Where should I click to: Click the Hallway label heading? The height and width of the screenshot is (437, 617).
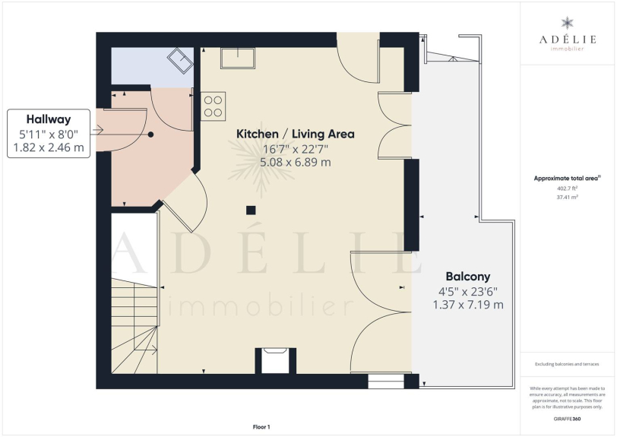(x=49, y=119)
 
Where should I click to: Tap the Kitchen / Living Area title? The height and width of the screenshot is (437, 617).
(x=295, y=134)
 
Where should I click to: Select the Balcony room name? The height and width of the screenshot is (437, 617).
(x=468, y=277)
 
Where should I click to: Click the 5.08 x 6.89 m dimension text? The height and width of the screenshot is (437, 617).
(x=295, y=162)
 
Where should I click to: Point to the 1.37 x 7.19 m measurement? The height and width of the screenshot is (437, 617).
(x=468, y=304)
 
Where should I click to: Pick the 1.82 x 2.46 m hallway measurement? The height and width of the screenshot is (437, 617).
(x=49, y=147)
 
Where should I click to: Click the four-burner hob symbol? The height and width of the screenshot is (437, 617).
(x=213, y=106)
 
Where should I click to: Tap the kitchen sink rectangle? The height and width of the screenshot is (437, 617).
(x=237, y=58)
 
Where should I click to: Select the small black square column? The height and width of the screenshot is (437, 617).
(x=251, y=211)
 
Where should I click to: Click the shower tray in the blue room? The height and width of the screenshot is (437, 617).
(x=180, y=61)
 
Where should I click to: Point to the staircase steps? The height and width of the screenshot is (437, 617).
(x=134, y=326)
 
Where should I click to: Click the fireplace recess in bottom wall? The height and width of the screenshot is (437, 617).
(x=275, y=361)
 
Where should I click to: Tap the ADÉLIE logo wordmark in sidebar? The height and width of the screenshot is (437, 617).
(x=568, y=40)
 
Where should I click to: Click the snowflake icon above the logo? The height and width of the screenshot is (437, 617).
(x=568, y=24)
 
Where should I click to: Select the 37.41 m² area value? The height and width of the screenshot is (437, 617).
(x=567, y=198)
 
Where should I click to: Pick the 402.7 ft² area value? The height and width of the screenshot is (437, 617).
(x=567, y=188)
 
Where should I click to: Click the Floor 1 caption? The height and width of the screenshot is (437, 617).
(x=261, y=427)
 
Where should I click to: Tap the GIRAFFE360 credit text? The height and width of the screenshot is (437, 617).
(x=567, y=419)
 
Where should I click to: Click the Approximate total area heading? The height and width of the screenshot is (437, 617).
(x=567, y=179)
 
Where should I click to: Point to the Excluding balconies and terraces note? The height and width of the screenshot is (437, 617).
(x=567, y=364)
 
